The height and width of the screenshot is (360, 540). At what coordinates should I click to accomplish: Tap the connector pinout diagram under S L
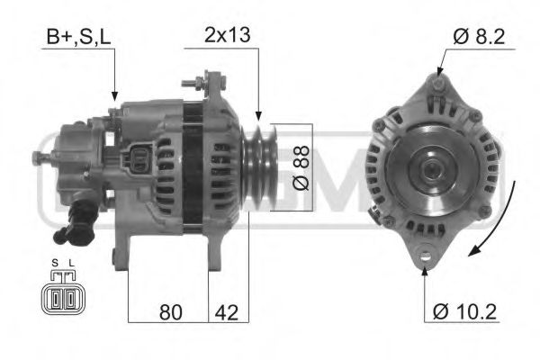[60, 298]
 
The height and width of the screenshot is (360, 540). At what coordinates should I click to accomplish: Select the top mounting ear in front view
[437, 85]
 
